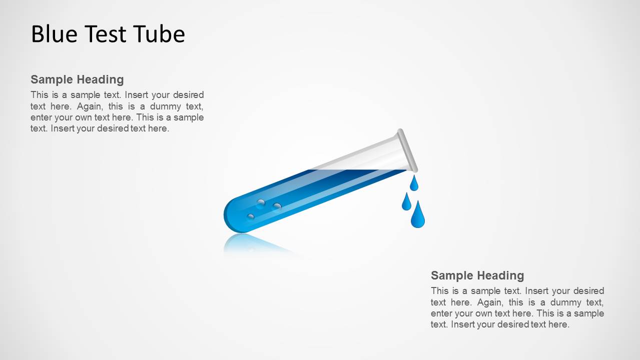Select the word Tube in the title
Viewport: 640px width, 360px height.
click(159, 34)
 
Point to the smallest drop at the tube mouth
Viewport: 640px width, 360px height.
click(414, 184)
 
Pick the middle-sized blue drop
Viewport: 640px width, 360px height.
click(406, 202)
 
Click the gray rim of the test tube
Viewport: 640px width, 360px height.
click(408, 150)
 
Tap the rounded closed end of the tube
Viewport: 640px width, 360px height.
click(231, 216)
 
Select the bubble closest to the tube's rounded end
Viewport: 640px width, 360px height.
click(251, 216)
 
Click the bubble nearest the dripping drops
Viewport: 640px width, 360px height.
click(277, 205)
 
